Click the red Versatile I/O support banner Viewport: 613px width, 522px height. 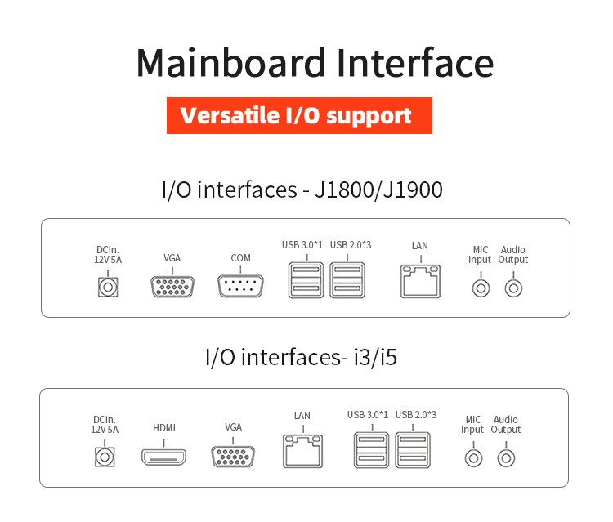point(298,115)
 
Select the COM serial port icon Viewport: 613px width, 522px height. point(240,287)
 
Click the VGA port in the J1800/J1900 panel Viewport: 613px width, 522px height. point(172,287)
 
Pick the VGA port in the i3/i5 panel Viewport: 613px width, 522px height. point(233,457)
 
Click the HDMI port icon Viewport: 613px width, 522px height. point(163,457)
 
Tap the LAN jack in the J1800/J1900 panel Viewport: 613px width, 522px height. point(420,282)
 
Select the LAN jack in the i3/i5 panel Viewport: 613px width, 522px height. point(302,450)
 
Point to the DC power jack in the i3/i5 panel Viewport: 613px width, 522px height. point(104,457)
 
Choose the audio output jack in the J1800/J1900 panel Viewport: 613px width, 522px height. point(513,288)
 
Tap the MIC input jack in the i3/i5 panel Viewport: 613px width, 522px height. point(472,457)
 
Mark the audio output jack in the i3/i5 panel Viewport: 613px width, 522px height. point(506,457)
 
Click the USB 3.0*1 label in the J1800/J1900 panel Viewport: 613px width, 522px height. point(302,244)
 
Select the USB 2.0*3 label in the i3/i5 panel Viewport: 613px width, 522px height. point(416,415)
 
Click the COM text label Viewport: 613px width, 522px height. point(240,258)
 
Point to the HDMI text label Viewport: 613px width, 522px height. point(164,428)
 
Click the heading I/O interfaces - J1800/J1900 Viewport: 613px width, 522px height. point(302,190)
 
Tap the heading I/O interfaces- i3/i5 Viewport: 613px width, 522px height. point(301,357)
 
